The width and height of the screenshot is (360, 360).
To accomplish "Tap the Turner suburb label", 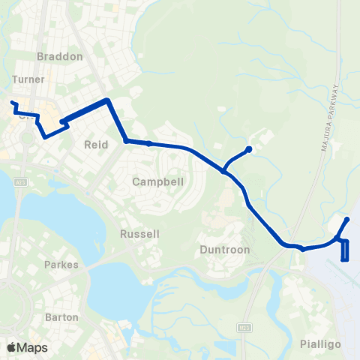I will [x=29, y=79].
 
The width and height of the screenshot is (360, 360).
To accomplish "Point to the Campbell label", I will [x=152, y=181].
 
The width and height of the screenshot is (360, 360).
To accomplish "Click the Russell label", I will [x=139, y=234].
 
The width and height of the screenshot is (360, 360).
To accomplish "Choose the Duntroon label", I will [x=223, y=249].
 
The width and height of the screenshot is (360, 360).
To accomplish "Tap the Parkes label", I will [x=61, y=265].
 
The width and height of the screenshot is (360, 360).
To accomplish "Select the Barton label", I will [x=61, y=317].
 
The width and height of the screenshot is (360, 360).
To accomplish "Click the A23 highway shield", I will [x=20, y=182].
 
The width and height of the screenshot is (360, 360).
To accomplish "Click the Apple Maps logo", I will [x=26, y=347].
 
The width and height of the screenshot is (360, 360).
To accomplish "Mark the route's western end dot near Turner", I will [x=13, y=102].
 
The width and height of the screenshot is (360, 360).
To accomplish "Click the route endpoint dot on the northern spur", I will [x=249, y=148].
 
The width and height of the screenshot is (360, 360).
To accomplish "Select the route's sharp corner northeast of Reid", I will [x=109, y=100].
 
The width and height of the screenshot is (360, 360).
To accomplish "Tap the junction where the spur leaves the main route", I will [x=224, y=172].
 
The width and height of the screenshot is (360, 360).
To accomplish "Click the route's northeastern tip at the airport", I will [x=347, y=219].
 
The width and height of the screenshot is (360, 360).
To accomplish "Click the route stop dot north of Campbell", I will [x=149, y=143].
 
